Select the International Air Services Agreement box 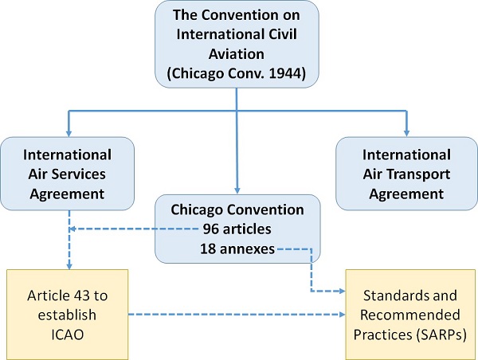coord(68,173)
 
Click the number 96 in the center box coord(212,229)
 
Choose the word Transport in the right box coord(418,173)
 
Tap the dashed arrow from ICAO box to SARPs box coord(231,314)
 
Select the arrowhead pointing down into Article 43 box coord(68,266)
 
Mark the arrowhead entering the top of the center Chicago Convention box coord(237,188)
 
